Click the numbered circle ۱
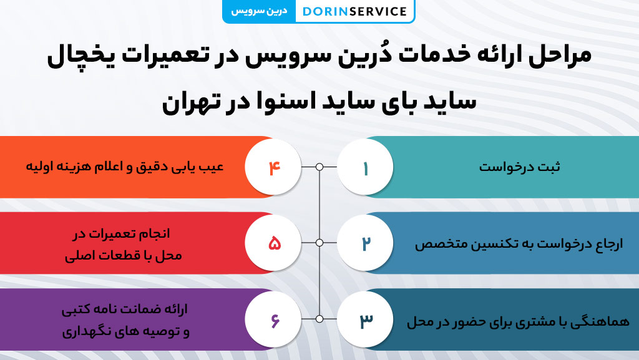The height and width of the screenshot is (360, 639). point(366,167)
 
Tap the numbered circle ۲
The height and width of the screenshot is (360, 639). point(366,243)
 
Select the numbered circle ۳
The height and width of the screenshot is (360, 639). point(366,319)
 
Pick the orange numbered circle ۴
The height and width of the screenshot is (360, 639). point(273,167)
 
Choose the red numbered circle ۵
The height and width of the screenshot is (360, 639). point(273,243)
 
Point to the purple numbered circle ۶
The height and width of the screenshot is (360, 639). point(273,319)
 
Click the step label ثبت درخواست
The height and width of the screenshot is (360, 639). point(519,167)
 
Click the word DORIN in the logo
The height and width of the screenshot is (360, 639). point(324,11)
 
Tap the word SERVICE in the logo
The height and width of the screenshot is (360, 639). point(378,11)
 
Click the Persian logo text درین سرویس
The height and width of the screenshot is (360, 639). point(259,11)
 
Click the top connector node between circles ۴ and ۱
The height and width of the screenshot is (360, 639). point(319,167)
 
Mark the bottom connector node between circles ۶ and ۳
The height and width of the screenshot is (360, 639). point(319,319)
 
